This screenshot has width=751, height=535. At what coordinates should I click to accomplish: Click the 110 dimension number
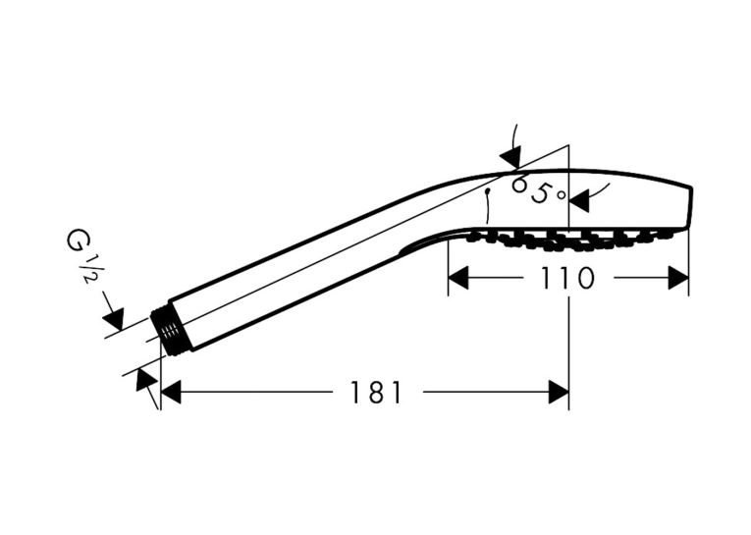(567, 278)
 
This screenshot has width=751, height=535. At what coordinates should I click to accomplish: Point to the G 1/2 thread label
(80, 256)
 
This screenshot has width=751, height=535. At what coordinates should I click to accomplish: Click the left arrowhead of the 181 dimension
(171, 393)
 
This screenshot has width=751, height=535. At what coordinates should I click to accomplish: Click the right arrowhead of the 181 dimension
(559, 393)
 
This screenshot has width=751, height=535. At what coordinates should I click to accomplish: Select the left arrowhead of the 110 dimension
(457, 278)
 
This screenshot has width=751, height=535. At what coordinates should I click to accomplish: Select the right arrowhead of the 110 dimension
(678, 278)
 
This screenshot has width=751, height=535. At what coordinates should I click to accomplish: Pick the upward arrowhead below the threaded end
(146, 380)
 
